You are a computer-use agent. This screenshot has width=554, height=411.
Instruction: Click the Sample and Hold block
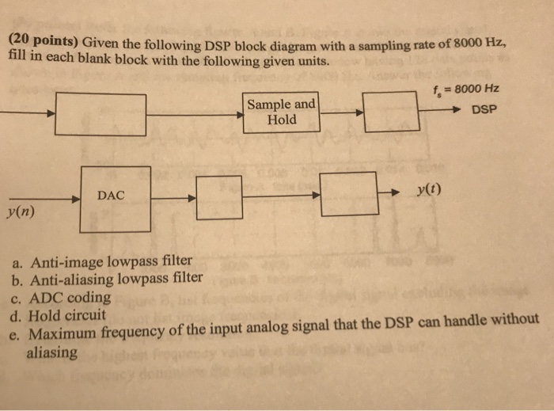[x=283, y=112]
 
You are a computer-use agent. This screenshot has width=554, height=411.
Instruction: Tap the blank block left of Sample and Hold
[x=101, y=114]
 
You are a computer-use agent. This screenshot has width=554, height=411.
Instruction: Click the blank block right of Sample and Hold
[x=390, y=112]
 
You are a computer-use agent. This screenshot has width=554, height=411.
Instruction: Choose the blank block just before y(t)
[x=349, y=192]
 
